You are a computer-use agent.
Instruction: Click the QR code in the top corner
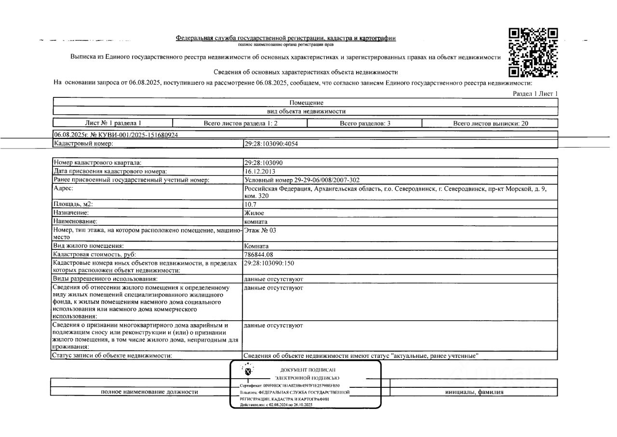pyautogui.click(x=534, y=53)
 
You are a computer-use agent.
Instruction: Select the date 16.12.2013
pyautogui.click(x=260, y=171)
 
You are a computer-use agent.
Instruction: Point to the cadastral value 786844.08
pyautogui.click(x=259, y=254)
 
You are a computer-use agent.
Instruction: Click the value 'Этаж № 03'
pyautogui.click(x=260, y=231)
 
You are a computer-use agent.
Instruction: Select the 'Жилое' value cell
pyautogui.click(x=254, y=213)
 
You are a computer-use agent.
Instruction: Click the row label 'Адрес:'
pyautogui.click(x=64, y=189)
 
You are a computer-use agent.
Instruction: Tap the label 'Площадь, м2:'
pyautogui.click(x=73, y=205)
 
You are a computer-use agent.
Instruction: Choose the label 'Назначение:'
pyautogui.click(x=71, y=213)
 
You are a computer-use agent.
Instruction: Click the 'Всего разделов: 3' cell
pyautogui.click(x=365, y=123)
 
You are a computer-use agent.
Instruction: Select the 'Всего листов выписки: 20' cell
pyautogui.click(x=491, y=123)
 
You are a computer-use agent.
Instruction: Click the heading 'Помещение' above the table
pyautogui.click(x=306, y=103)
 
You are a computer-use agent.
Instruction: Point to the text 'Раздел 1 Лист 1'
pyautogui.click(x=536, y=94)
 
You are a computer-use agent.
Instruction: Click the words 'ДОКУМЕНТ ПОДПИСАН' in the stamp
pyautogui.click(x=314, y=370)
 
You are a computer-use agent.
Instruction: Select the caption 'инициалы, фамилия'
pyautogui.click(x=474, y=392)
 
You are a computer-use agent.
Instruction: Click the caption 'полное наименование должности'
pyautogui.click(x=149, y=392)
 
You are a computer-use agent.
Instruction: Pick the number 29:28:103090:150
pyautogui.click(x=269, y=263)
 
